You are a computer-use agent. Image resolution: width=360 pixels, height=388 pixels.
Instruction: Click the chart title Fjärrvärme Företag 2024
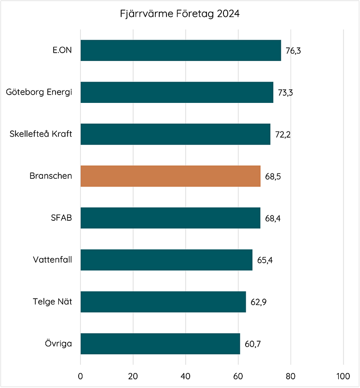180,14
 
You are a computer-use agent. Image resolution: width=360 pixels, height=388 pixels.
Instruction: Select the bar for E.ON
180,51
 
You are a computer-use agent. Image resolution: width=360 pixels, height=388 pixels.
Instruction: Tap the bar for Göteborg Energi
177,92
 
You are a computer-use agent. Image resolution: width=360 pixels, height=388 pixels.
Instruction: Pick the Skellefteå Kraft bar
175,134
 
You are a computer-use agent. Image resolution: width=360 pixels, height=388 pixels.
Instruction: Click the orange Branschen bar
170,176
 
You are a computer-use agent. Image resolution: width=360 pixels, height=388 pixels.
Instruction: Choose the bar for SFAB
170,218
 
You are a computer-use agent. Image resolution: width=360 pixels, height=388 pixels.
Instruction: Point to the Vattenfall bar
166,260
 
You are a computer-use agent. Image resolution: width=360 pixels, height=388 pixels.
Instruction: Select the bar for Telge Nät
163,302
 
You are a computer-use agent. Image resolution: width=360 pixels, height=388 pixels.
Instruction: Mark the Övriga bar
160,344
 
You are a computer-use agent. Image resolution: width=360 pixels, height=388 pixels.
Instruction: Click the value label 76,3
293,51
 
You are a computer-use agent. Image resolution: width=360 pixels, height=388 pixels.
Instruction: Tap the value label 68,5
273,176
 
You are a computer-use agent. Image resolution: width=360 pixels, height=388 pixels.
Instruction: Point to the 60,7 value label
253,344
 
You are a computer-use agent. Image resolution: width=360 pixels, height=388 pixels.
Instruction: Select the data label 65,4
265,260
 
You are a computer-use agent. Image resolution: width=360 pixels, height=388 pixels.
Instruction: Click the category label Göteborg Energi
39,92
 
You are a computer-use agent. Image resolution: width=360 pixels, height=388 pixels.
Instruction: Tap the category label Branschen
51,176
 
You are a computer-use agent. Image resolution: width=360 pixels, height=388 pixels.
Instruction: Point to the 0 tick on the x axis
81,376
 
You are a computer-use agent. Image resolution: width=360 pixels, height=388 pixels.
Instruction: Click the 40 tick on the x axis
186,376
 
